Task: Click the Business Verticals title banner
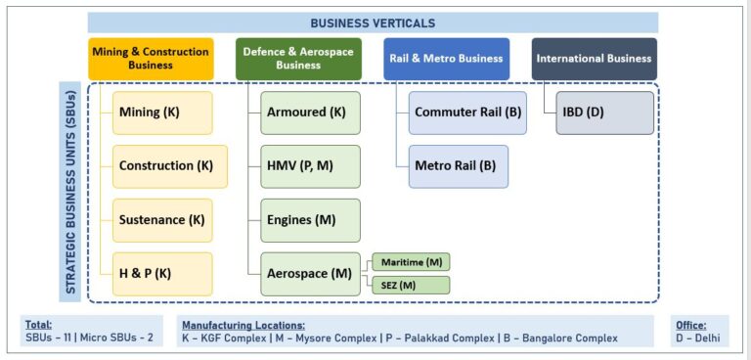click(x=373, y=22)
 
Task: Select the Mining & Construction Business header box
click(x=151, y=59)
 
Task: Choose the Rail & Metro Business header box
click(x=446, y=59)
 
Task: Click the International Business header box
click(x=595, y=59)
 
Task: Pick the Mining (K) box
click(x=162, y=112)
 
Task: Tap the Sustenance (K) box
click(x=162, y=220)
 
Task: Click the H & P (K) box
click(x=162, y=274)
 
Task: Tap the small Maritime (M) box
click(x=410, y=262)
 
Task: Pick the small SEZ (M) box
click(x=410, y=285)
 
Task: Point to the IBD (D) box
click(x=604, y=112)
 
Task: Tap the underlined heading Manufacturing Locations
click(x=243, y=324)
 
